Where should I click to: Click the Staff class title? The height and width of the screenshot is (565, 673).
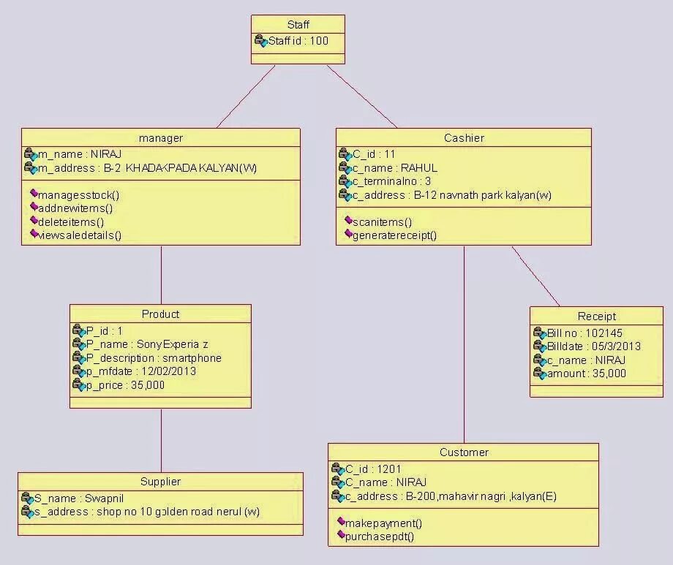coord(298,25)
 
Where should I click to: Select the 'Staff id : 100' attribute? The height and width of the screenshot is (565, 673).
coord(298,41)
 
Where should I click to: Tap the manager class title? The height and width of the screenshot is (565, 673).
coord(160,138)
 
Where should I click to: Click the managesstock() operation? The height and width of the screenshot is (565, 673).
coord(78,195)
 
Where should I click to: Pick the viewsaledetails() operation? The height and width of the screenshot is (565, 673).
coord(79,235)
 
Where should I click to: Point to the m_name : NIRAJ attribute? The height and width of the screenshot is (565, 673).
coord(79,154)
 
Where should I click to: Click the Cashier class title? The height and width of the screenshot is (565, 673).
coord(464,138)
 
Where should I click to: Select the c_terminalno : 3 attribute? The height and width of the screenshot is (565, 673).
coord(391,181)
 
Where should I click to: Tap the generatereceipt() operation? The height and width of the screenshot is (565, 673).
coord(394,235)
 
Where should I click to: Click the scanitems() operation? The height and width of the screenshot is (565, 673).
coord(382,221)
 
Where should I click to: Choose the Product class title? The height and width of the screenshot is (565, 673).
coord(160,314)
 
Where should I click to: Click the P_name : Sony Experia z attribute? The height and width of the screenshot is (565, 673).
coord(147,344)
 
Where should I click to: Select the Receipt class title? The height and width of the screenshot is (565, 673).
coord(596,316)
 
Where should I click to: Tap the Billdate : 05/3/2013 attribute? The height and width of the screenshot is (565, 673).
coord(593,346)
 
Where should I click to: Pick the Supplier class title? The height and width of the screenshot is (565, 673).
coord(160,482)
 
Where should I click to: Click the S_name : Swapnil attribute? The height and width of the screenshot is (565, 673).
coord(74,498)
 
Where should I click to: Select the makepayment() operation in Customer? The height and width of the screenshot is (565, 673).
coord(383,523)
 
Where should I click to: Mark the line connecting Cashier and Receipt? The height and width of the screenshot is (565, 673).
coord(535,276)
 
